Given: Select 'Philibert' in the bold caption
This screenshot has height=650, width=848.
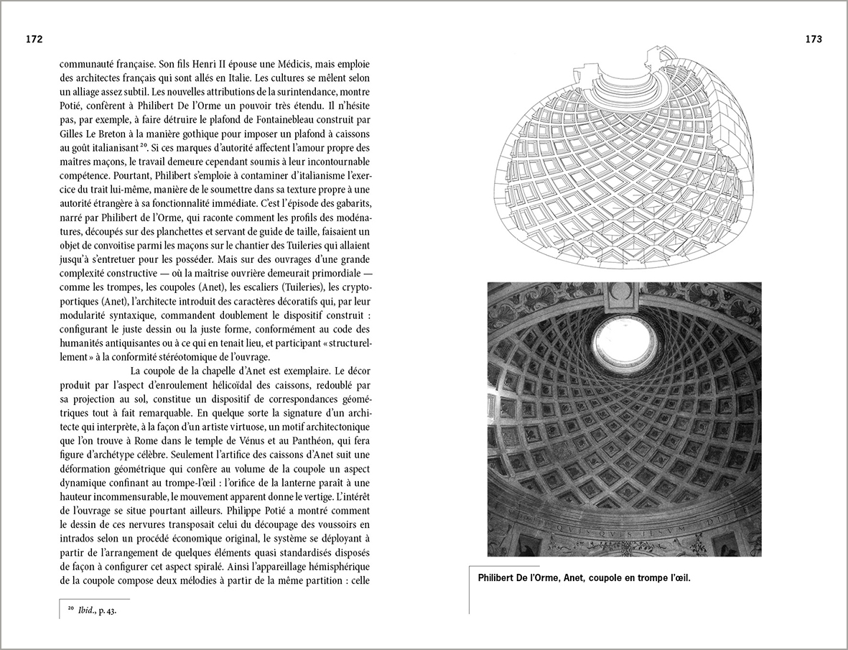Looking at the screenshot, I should [498, 577].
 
